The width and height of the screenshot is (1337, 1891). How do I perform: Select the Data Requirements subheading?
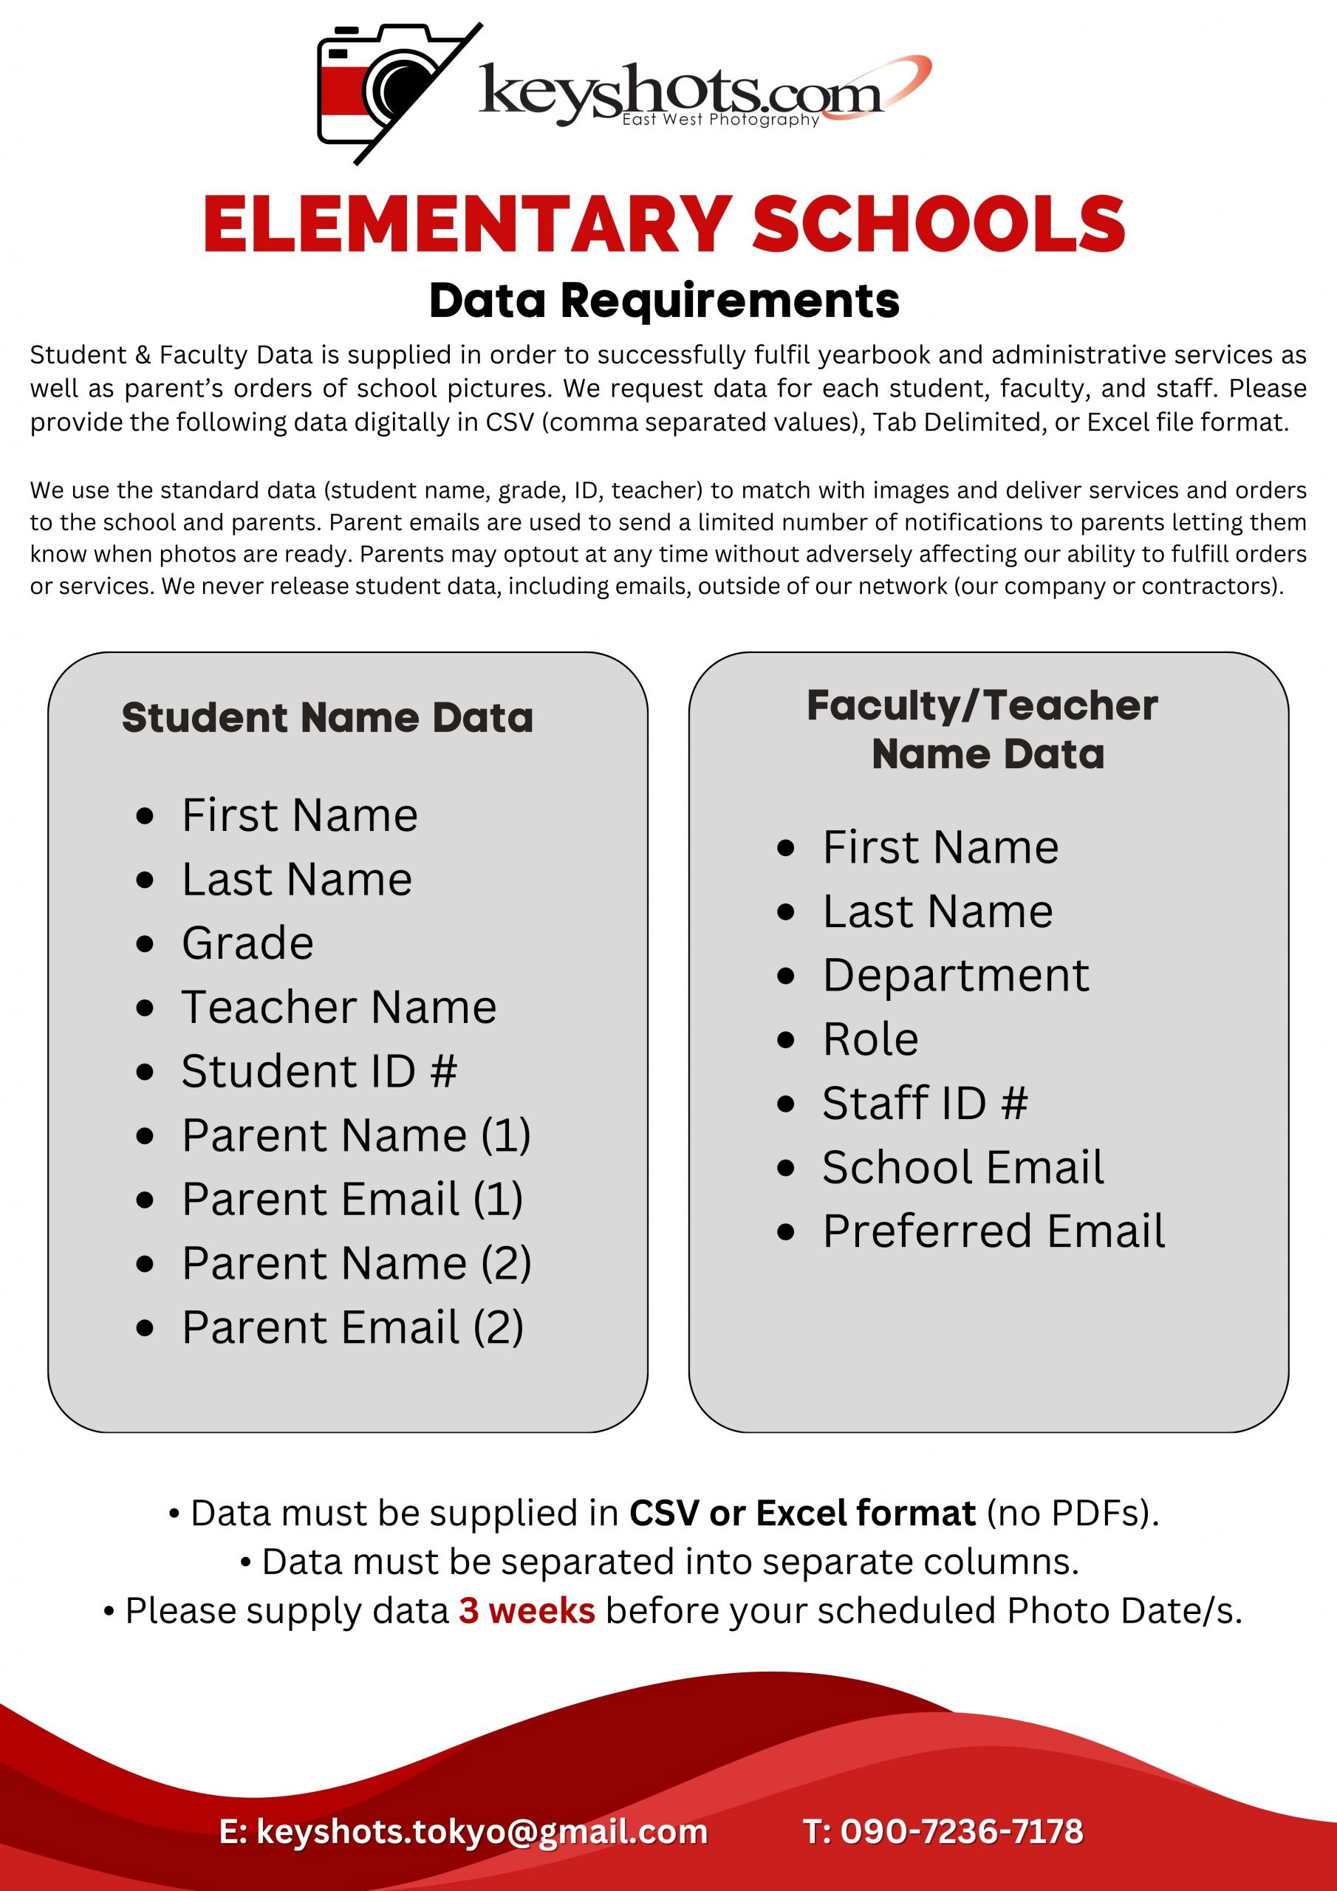[664, 301]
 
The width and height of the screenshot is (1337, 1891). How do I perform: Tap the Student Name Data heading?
[327, 717]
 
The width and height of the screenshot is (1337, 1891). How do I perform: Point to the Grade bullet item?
[247, 943]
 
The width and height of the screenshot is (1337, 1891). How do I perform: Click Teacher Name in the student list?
[338, 1008]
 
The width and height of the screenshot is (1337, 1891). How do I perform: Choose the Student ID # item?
[319, 1072]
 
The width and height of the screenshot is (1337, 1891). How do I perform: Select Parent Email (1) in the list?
[352, 1199]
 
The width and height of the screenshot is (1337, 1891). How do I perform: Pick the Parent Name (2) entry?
[356, 1263]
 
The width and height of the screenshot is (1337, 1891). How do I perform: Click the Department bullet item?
[956, 976]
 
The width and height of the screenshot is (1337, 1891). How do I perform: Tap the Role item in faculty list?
[870, 1039]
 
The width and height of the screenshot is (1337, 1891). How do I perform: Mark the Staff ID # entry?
[924, 1104]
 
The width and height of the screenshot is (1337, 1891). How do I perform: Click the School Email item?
[962, 1168]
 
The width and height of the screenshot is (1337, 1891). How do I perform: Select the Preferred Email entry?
[994, 1232]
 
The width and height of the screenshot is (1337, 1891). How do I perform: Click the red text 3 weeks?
[527, 1611]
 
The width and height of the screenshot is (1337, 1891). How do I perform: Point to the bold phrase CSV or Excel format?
[801, 1514]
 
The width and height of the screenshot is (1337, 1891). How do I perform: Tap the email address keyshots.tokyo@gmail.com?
[482, 1832]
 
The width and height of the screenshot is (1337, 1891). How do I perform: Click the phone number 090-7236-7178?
[960, 1832]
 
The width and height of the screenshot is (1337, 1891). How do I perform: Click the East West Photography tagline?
[720, 120]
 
